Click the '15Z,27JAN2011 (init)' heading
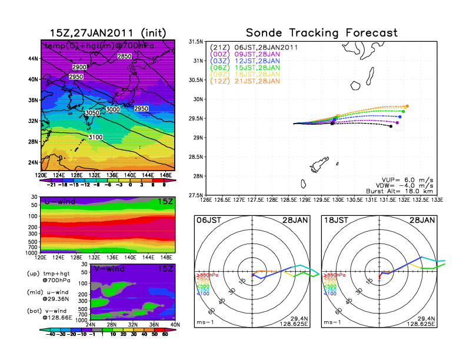(108, 33)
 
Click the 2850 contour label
(125, 56)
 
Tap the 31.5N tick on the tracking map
(196, 42)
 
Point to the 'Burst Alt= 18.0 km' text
(404, 191)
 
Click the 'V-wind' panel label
(112, 269)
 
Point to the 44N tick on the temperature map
(32, 59)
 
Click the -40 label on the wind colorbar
(50, 334)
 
